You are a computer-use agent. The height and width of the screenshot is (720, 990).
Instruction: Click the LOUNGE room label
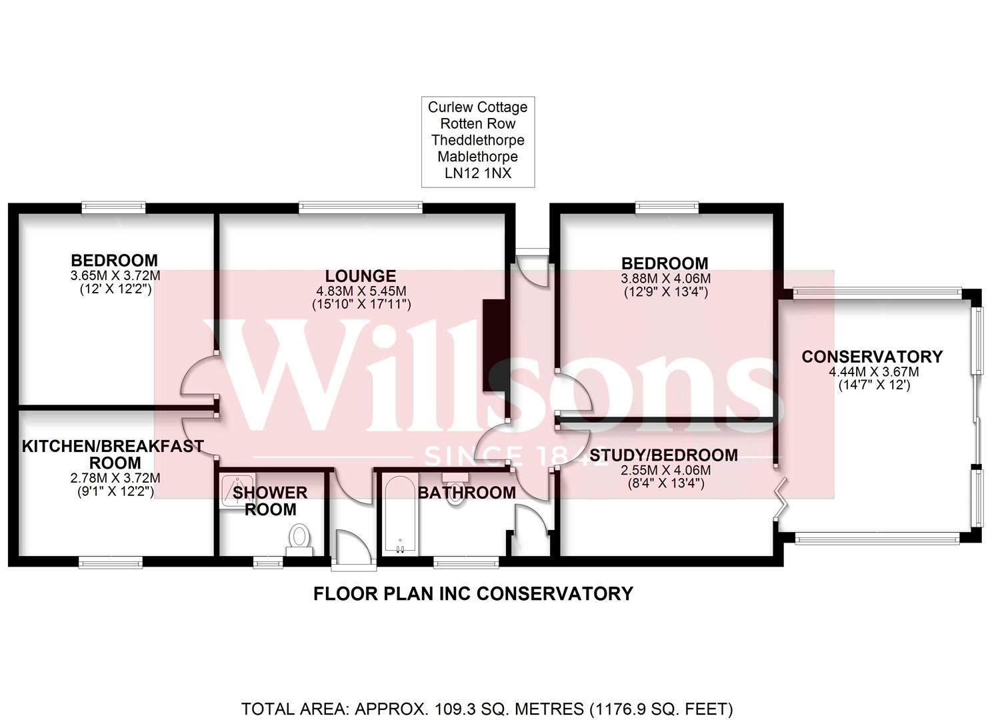(361, 275)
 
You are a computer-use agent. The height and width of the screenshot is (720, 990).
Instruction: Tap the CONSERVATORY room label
(872, 357)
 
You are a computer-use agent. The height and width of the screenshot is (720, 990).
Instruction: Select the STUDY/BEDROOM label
(663, 455)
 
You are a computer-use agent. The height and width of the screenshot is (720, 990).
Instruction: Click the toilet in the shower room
(300, 537)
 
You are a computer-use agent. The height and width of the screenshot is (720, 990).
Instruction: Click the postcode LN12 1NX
(477, 173)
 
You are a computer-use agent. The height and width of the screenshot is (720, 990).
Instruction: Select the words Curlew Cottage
(477, 107)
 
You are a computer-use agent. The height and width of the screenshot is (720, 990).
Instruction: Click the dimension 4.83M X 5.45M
(361, 291)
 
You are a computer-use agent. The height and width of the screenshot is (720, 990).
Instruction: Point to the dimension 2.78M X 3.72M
(115, 478)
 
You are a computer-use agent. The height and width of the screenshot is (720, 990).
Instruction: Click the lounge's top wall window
(361, 208)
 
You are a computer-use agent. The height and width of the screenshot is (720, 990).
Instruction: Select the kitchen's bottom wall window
(111, 561)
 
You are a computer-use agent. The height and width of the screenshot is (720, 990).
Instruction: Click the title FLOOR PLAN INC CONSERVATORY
(473, 593)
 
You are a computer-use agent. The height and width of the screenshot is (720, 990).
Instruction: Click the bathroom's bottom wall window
(466, 561)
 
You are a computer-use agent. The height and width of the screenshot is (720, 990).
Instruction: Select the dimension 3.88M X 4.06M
(665, 279)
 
